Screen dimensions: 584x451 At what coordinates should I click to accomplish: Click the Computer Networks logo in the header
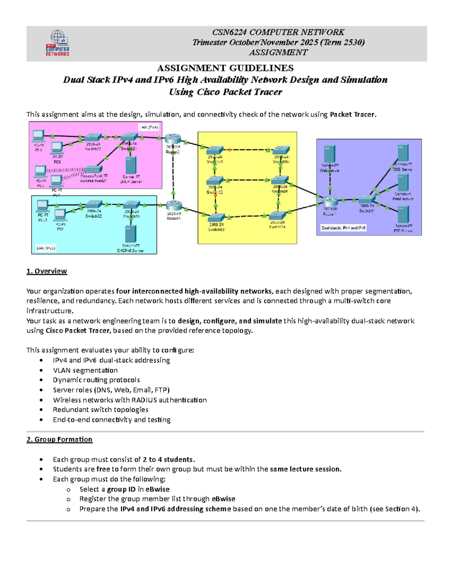click(x=58, y=43)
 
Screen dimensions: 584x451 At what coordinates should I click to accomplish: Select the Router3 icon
click(x=174, y=206)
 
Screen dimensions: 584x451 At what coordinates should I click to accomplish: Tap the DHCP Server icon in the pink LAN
click(x=130, y=165)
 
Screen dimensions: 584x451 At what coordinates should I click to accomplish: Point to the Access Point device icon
click(x=94, y=170)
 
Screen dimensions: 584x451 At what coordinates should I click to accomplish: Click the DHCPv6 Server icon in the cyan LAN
click(x=130, y=234)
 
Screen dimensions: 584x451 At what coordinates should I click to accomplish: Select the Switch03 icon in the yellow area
click(x=216, y=218)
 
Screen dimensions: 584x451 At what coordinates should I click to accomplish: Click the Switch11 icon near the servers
click(x=367, y=200)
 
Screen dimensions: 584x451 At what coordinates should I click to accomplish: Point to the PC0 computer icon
click(x=57, y=148)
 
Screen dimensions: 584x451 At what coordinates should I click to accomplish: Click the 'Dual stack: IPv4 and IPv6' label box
click(x=343, y=228)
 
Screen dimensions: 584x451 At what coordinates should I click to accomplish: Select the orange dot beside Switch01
click(x=230, y=150)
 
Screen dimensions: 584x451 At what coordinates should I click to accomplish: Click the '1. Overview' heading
click(x=47, y=271)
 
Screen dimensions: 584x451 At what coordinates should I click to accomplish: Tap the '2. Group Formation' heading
click(x=59, y=439)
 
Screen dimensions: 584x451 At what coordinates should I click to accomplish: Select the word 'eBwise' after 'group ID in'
click(x=157, y=489)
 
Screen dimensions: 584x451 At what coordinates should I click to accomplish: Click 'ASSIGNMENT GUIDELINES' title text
click(x=225, y=68)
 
